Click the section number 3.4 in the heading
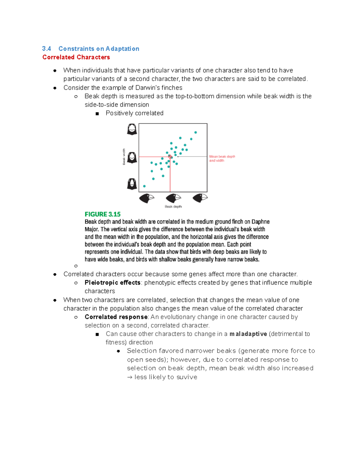point(46,49)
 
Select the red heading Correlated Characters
point(76,57)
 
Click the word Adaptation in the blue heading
point(122,49)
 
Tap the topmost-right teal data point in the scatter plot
point(196,132)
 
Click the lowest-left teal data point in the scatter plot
point(144,186)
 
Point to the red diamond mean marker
point(170,157)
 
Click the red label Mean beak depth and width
point(222,158)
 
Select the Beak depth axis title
point(173,206)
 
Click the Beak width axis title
point(124,157)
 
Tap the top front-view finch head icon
point(132,129)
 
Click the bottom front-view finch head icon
point(132,184)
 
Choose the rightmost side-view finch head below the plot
point(200,198)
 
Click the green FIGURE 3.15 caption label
point(102,214)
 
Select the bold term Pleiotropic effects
point(112,283)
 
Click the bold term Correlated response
point(116,317)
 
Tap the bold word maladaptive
point(248,334)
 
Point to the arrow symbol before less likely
point(130,377)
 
